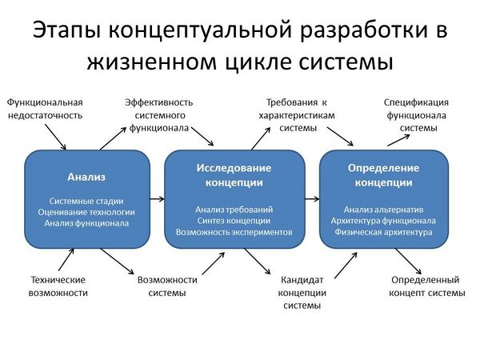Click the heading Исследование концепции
click(x=234, y=175)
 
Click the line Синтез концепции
click(x=234, y=220)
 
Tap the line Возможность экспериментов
click(x=234, y=232)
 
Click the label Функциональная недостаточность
click(x=45, y=109)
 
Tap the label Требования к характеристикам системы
click(x=297, y=115)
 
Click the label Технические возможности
click(x=58, y=286)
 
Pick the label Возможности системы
click(x=167, y=286)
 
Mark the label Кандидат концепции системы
click(x=302, y=293)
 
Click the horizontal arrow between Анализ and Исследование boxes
click(x=157, y=197)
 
